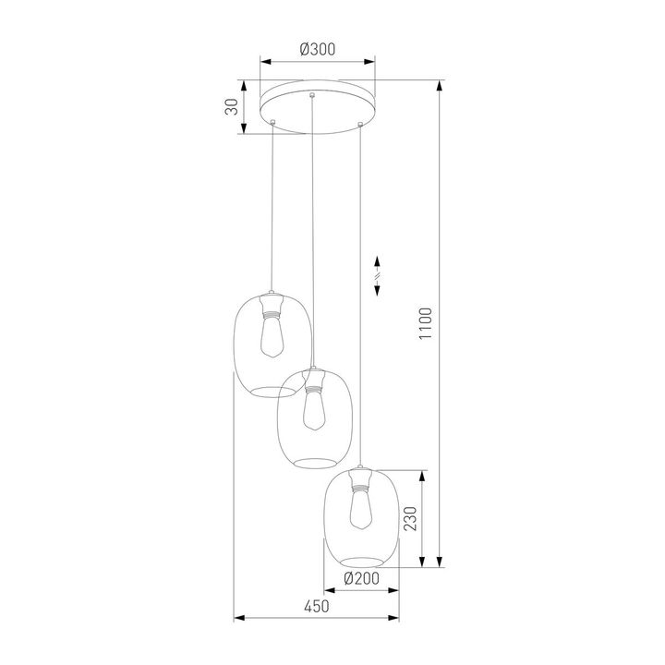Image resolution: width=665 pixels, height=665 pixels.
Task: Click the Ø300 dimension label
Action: pyautogui.click(x=317, y=51)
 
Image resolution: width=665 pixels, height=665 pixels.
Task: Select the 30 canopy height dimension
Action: pyautogui.click(x=233, y=106)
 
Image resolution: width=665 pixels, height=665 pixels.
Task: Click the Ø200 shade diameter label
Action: pyautogui.click(x=361, y=578)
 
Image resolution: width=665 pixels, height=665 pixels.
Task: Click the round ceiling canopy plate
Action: pyautogui.click(x=317, y=106)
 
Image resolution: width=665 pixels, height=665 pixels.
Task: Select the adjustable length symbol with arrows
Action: pyautogui.click(x=376, y=275)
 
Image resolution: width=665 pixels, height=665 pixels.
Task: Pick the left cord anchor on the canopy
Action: pyautogui.click(x=273, y=121)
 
